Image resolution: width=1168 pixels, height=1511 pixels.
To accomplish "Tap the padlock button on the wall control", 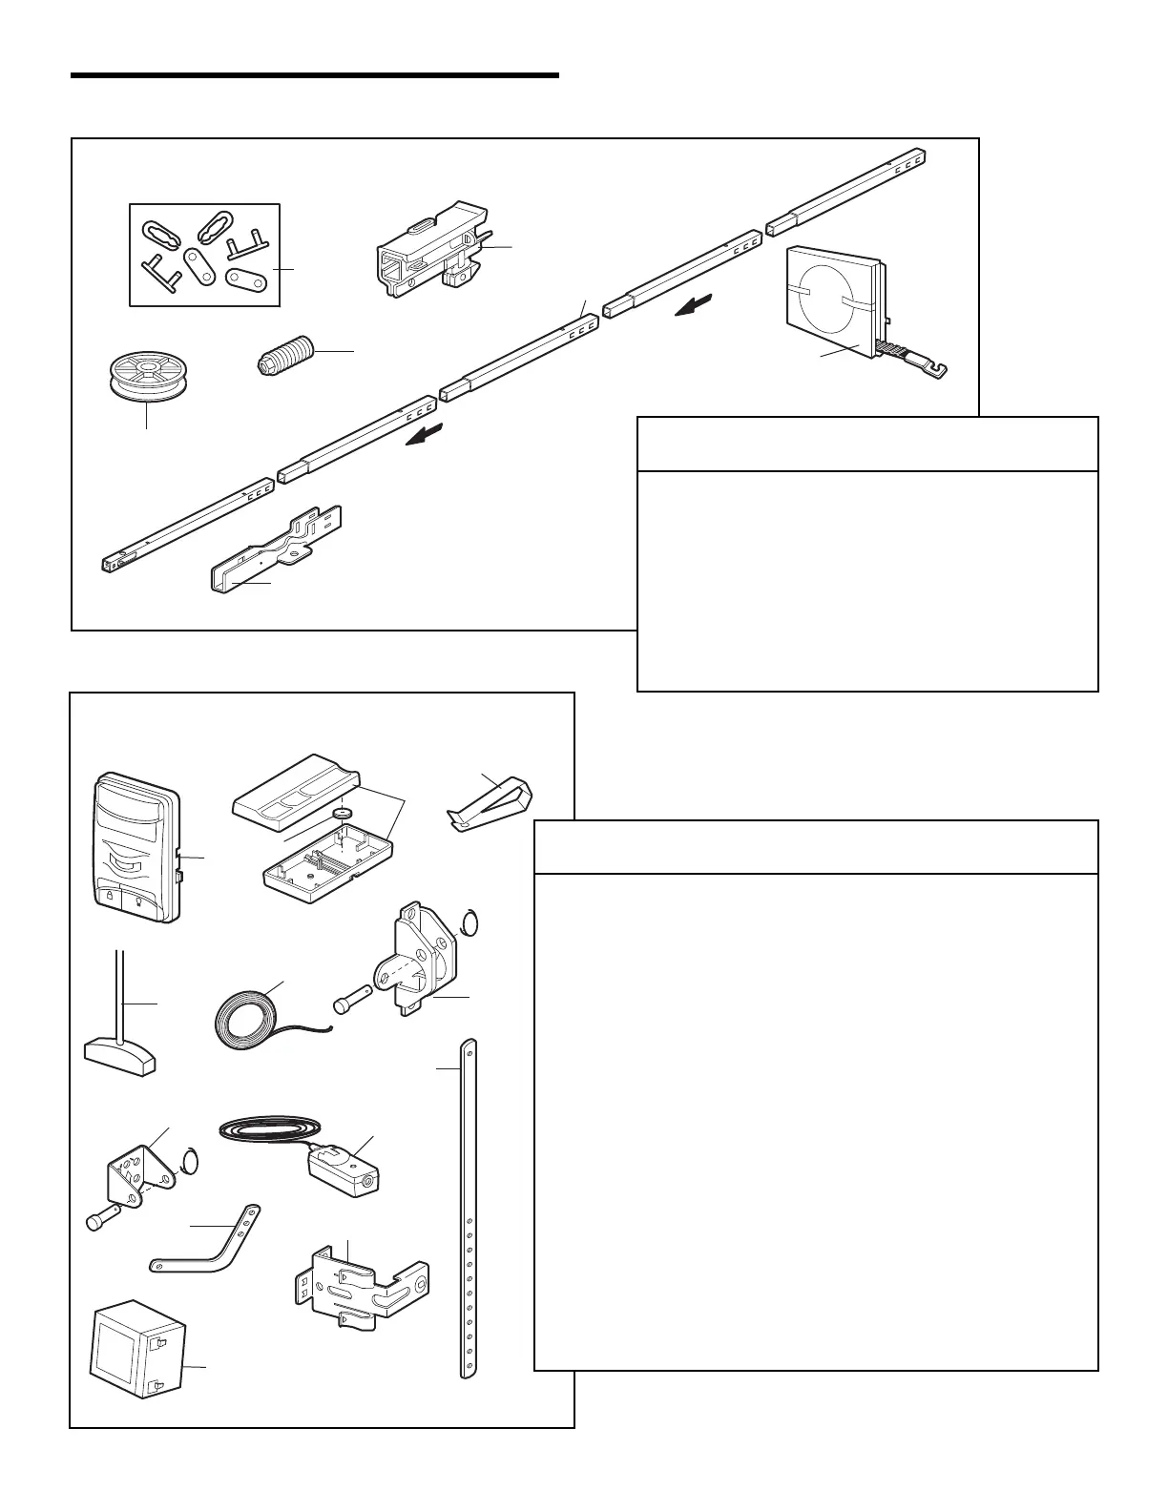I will click(110, 898).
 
